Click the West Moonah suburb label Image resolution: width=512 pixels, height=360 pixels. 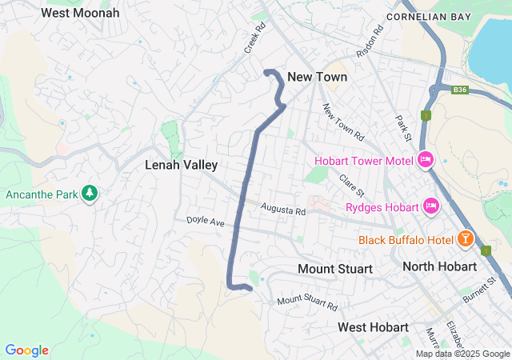coord(80,13)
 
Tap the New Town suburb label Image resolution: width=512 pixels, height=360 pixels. coord(318,77)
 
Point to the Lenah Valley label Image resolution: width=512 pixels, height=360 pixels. coord(181,165)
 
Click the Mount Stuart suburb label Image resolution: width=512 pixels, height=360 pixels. coord(334,269)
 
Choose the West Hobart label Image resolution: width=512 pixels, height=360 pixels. coord(373,327)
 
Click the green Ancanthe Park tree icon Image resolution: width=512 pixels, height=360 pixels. coord(90,194)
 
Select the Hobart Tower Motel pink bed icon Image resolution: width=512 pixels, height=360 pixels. coord(426,160)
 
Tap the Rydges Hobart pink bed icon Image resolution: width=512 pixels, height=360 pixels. coord(432,207)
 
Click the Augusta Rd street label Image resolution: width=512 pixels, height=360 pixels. coord(283,210)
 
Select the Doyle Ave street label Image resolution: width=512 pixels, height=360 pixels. coord(206,220)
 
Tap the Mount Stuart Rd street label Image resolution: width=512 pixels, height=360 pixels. coord(307,303)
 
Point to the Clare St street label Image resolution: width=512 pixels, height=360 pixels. coord(351,186)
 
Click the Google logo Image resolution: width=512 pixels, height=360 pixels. coord(27,350)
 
